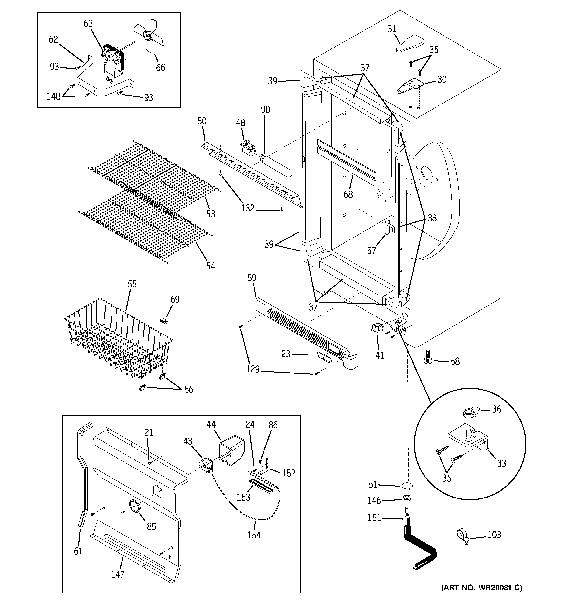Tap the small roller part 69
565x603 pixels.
point(164,321)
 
